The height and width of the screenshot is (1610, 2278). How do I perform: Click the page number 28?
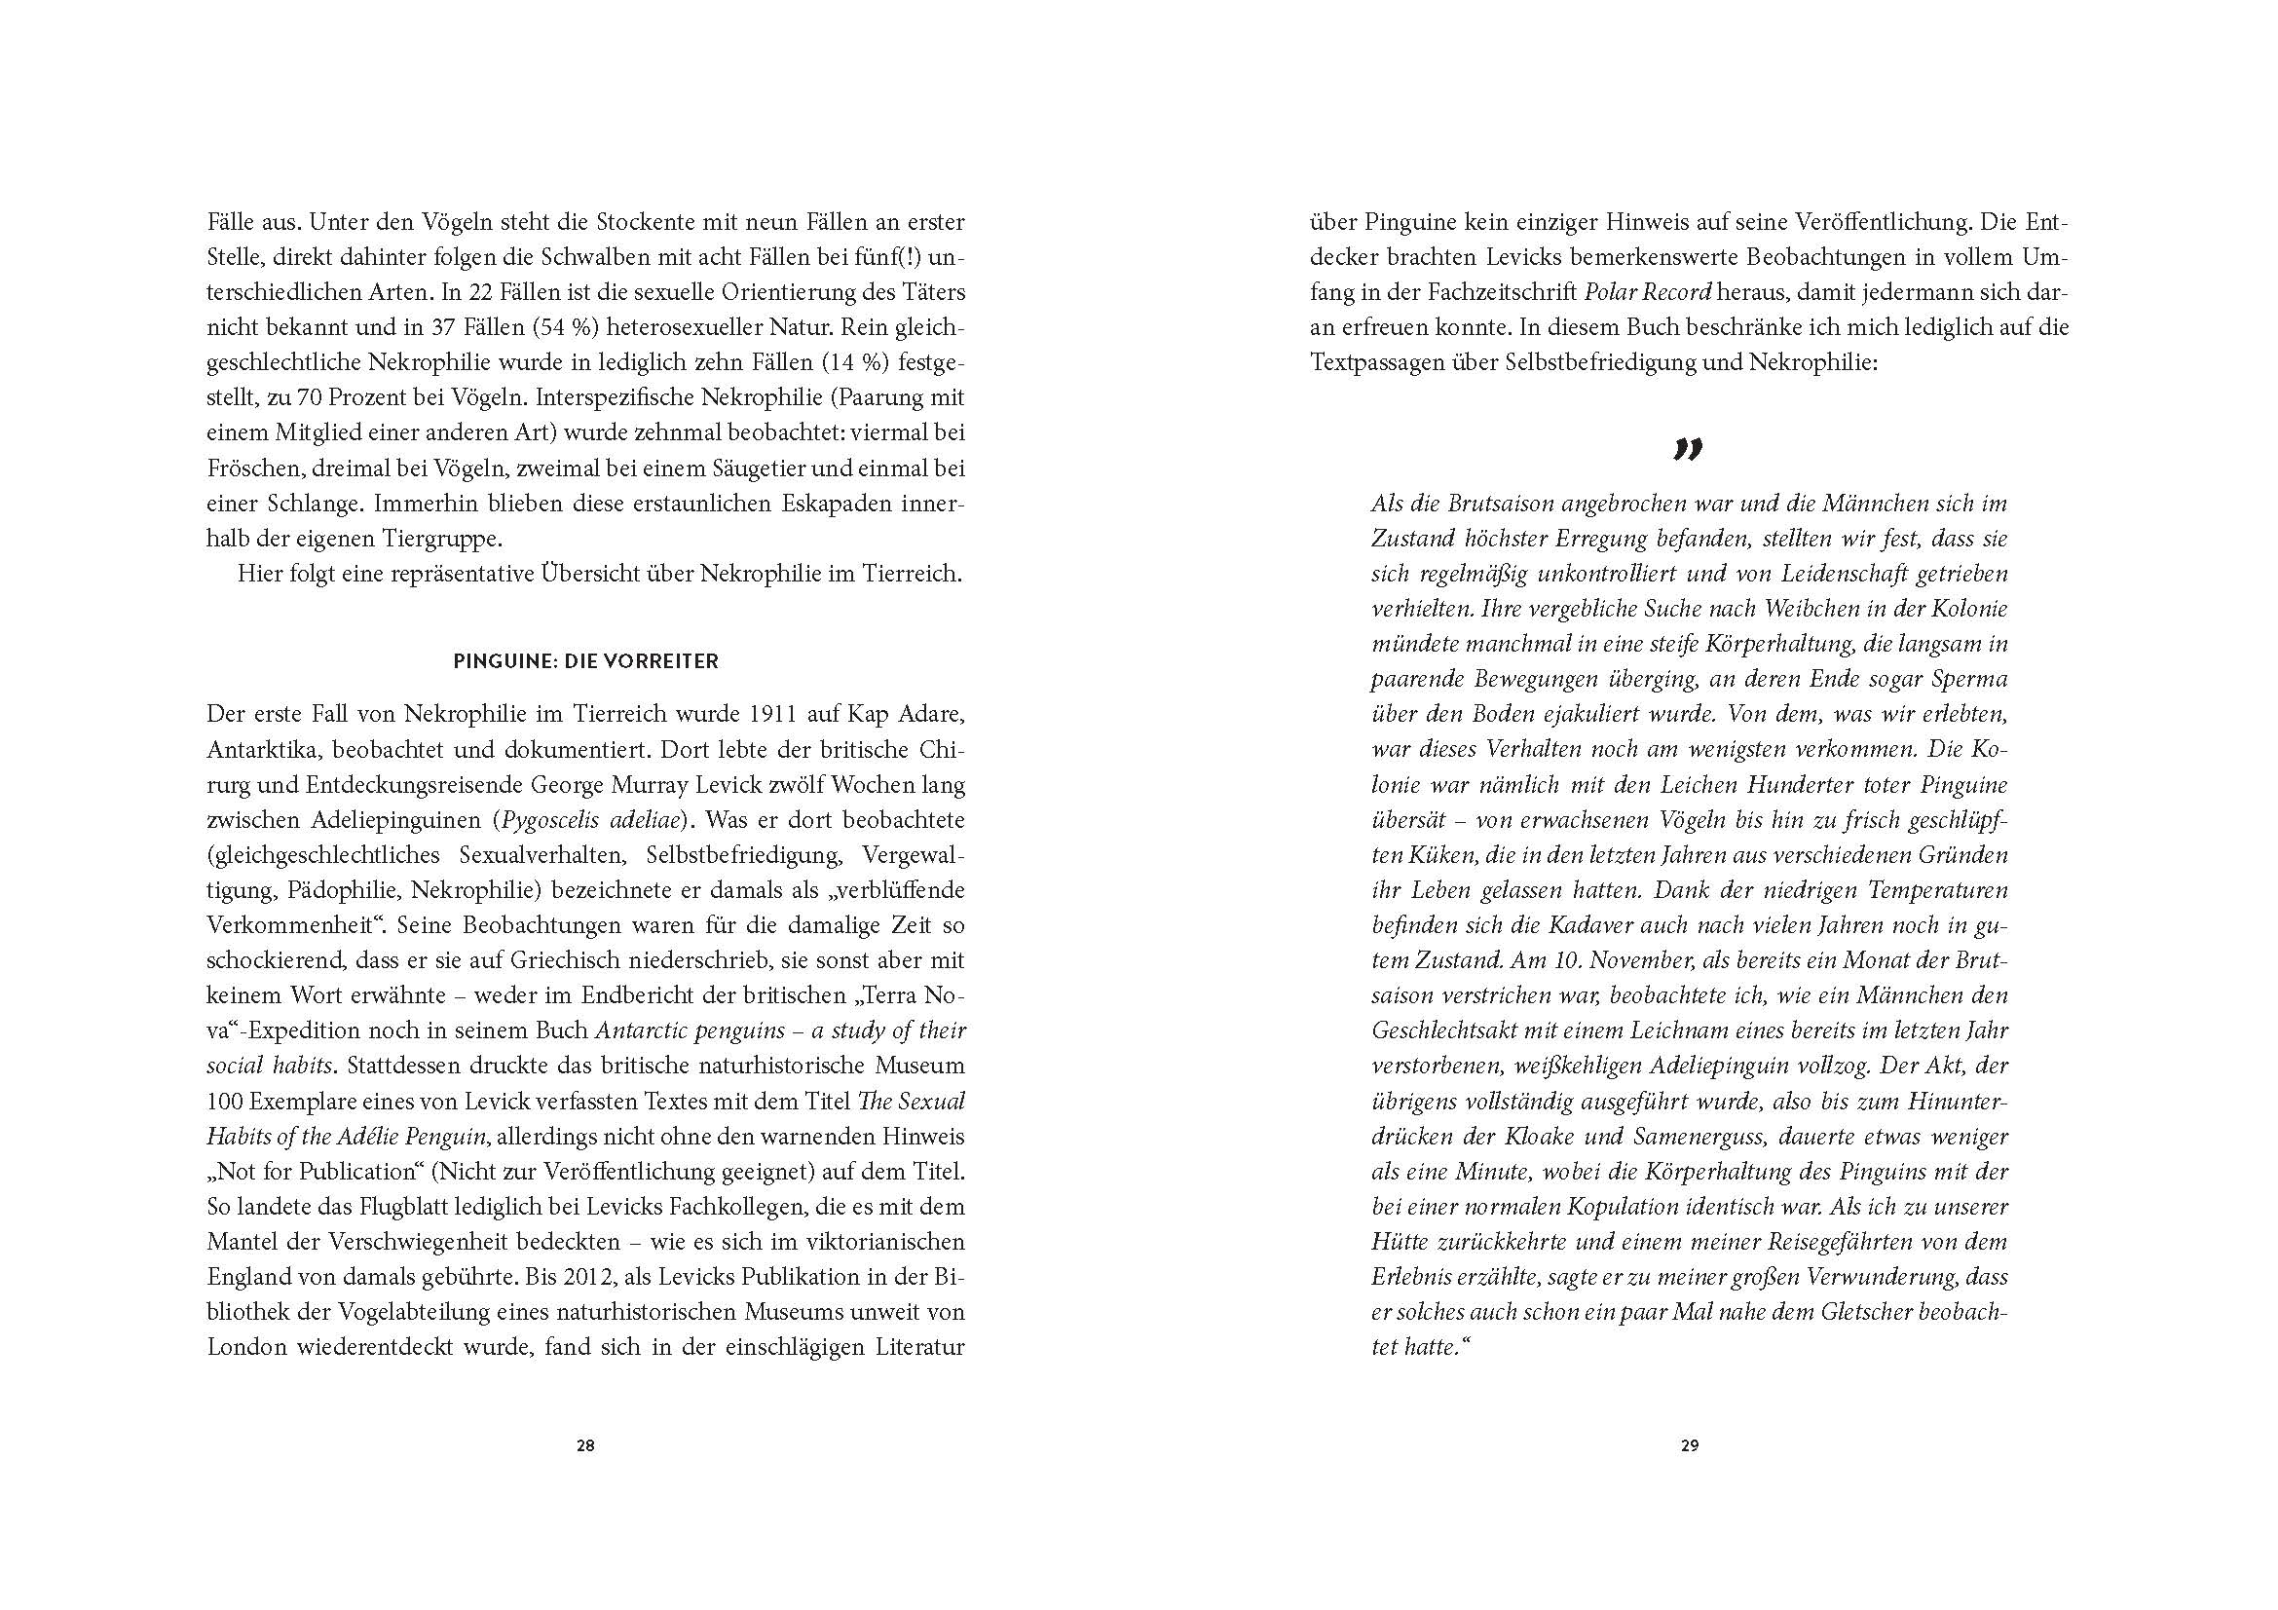(x=585, y=1445)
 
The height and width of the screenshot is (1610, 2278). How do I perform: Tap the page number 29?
(x=1690, y=1445)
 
